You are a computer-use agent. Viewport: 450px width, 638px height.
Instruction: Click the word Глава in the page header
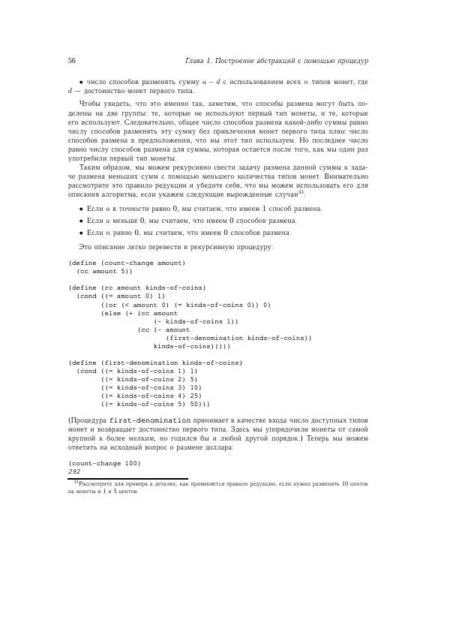point(197,60)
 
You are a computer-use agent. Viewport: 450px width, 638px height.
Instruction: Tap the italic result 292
point(74,471)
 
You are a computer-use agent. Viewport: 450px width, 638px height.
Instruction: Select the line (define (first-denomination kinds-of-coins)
point(155,363)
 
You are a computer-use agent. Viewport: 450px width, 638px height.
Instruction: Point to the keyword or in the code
point(112,305)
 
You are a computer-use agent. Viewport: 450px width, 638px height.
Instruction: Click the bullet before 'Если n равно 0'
point(81,233)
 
